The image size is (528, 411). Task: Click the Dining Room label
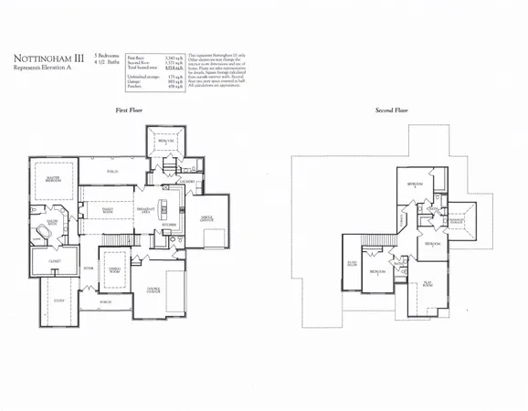pyautogui.click(x=114, y=270)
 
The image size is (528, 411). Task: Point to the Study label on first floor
pyautogui.click(x=58, y=300)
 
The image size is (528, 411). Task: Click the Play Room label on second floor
pyautogui.click(x=427, y=285)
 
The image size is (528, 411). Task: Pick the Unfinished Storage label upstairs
pyautogui.click(x=457, y=221)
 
